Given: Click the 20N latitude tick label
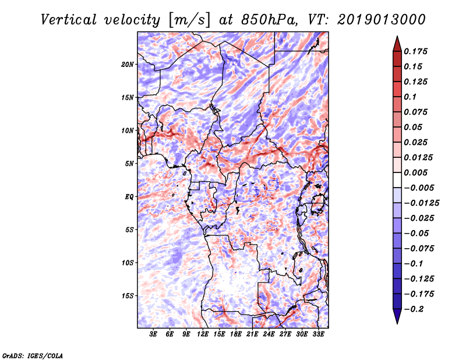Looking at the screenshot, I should (x=128, y=64).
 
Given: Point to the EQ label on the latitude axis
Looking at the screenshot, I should (x=129, y=197).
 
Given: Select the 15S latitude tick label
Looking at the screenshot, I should (x=128, y=296).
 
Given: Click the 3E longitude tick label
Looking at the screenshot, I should (x=154, y=335).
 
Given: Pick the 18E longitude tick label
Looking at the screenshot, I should (x=236, y=335).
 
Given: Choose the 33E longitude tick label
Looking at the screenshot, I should (x=319, y=335).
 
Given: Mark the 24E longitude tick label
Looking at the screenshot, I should (x=269, y=335).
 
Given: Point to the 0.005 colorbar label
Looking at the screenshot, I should (x=417, y=173).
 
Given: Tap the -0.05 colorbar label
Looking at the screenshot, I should (x=416, y=233).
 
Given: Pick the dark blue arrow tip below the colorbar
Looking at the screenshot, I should (x=397, y=317).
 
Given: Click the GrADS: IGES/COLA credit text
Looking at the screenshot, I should (x=32, y=355).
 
